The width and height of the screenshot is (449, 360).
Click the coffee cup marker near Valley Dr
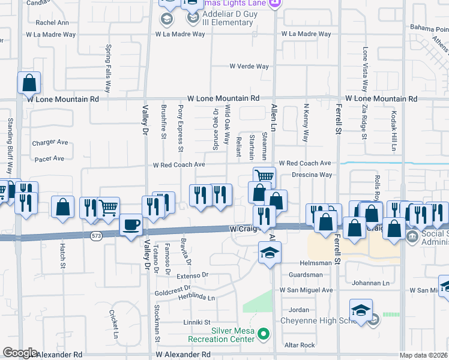[131, 226]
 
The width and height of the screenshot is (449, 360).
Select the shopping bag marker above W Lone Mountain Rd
[29, 83]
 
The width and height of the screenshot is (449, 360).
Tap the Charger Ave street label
[50, 143]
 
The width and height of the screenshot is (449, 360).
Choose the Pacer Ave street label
[49, 159]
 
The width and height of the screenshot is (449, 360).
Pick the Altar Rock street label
[300, 345]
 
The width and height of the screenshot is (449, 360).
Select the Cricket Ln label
[113, 323]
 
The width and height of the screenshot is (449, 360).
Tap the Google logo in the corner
[20, 353]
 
